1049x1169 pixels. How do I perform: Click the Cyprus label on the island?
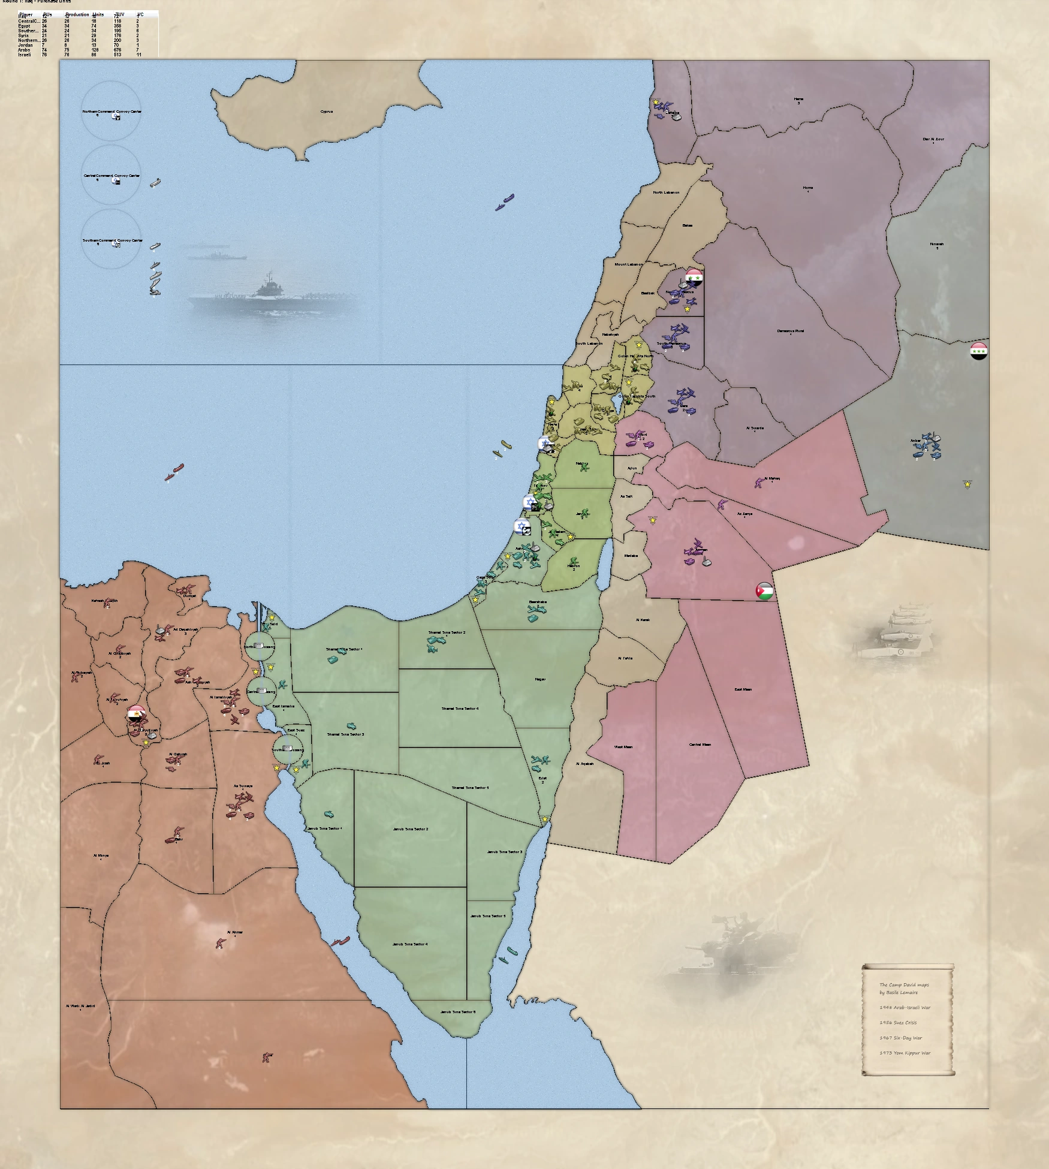(326, 112)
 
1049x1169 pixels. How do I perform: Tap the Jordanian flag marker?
(764, 591)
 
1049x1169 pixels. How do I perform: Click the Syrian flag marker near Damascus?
(694, 277)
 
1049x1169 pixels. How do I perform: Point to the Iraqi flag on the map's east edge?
(978, 351)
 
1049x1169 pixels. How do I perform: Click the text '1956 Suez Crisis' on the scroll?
(898, 1022)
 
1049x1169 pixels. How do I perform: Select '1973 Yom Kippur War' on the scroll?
(905, 1053)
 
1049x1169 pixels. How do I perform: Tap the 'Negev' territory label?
(539, 679)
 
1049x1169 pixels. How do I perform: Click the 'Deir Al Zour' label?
(933, 139)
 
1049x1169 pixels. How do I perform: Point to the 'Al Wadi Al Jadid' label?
(80, 1006)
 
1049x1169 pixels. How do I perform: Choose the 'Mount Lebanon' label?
(628, 264)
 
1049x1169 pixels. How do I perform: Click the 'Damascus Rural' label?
(791, 331)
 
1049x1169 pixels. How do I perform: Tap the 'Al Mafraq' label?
(772, 478)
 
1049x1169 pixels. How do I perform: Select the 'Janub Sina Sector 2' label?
(410, 829)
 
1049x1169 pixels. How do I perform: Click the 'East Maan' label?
(743, 689)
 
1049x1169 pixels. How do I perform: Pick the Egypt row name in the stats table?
(24, 26)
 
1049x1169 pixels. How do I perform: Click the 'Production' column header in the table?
(77, 14)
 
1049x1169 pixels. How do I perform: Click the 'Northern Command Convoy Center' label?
(111, 112)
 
